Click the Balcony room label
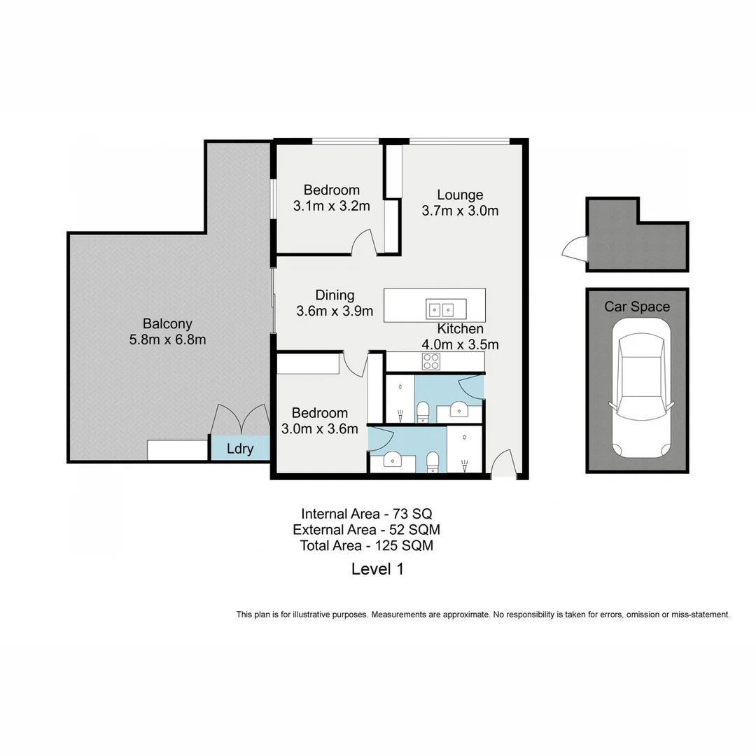(167, 324)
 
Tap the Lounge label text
(460, 195)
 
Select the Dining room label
(335, 295)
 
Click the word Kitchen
(461, 329)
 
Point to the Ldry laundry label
(240, 449)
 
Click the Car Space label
(637, 307)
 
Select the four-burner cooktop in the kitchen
(431, 361)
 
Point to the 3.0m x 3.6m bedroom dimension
(319, 429)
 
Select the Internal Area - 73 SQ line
(361, 513)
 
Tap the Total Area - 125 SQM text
(366, 545)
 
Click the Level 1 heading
(377, 569)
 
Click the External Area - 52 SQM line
(366, 529)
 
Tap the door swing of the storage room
(574, 248)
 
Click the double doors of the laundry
(241, 420)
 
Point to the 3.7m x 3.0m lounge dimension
(460, 211)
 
